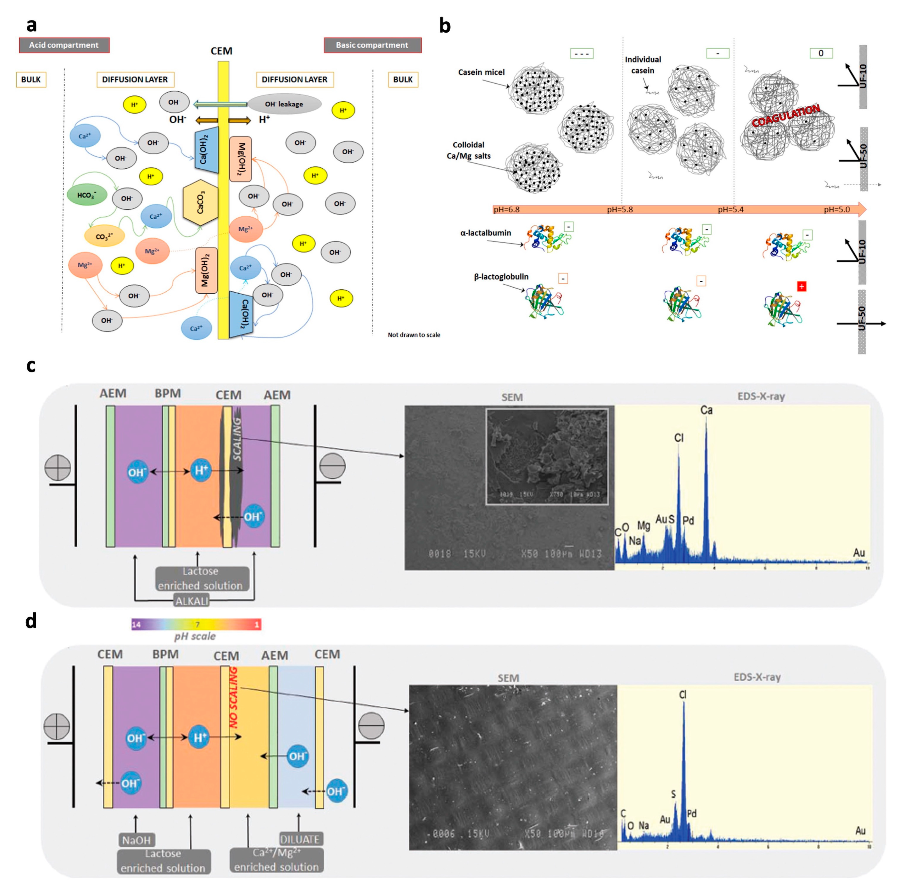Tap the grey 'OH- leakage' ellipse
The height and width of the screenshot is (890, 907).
(x=284, y=104)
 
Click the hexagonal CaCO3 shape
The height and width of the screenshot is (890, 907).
(x=201, y=202)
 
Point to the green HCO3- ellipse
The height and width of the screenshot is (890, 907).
(x=87, y=195)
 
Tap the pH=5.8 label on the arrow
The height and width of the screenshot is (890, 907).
(x=620, y=209)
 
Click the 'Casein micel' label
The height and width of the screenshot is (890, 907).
(x=481, y=72)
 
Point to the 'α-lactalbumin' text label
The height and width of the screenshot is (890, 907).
(x=486, y=233)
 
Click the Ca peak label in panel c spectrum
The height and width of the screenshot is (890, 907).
(x=706, y=410)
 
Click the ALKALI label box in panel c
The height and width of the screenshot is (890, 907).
(x=192, y=601)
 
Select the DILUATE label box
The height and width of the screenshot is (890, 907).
(x=300, y=839)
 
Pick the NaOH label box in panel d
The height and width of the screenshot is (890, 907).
(x=136, y=840)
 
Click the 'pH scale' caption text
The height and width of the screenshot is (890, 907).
(x=195, y=636)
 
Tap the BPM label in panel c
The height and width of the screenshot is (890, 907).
(x=168, y=393)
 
